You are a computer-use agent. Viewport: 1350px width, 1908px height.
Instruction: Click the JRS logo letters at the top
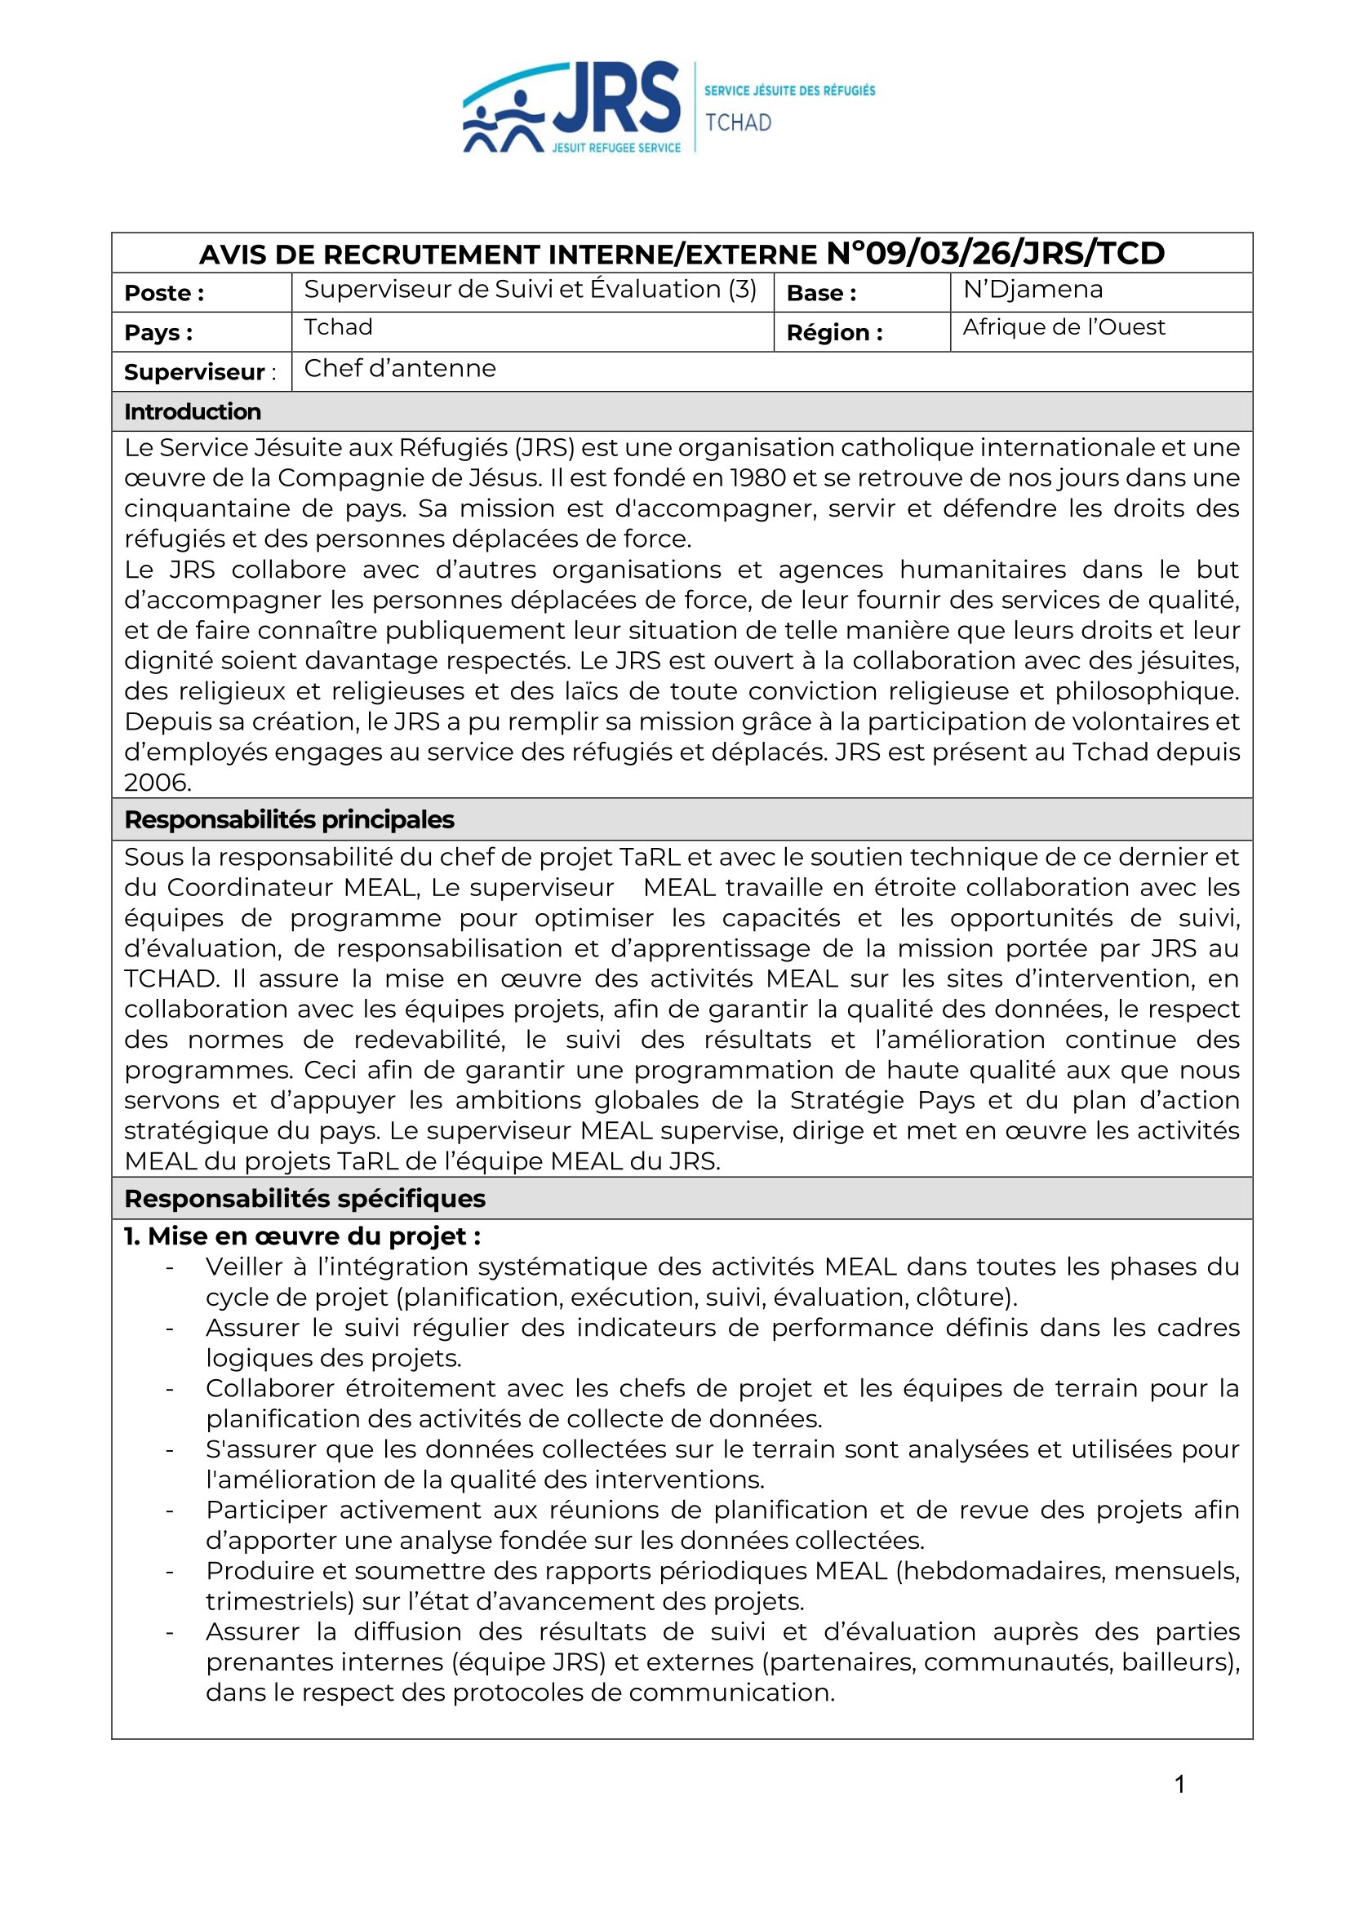coord(616,98)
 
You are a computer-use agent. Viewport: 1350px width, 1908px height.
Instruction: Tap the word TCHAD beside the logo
coord(738,123)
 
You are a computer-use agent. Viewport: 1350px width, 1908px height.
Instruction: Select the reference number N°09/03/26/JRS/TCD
coord(995,253)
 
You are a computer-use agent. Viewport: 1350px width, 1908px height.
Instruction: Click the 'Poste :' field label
coord(164,293)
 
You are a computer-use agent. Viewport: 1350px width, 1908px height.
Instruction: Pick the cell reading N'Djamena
coord(1032,289)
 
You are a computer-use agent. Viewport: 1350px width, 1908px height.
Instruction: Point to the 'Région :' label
coord(834,332)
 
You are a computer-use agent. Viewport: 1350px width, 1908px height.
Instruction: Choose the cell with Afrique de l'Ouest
coord(1064,327)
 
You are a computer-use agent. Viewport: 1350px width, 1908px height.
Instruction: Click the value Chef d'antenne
coord(400,368)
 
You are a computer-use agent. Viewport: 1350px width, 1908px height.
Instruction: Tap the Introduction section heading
coord(192,411)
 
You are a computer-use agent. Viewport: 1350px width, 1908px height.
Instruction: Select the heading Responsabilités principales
coord(288,819)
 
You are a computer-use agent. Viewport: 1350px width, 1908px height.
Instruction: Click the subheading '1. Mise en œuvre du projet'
coord(302,1236)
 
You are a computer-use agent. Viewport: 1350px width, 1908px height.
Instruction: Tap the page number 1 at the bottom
coord(1179,1784)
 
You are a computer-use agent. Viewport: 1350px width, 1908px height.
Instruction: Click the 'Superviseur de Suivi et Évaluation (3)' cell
coord(530,289)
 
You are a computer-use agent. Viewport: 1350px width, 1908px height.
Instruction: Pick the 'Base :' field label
coord(820,293)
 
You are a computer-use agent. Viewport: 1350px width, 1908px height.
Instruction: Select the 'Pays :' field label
coord(158,332)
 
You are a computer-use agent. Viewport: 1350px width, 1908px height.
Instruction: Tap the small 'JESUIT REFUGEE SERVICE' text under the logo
coord(616,148)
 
